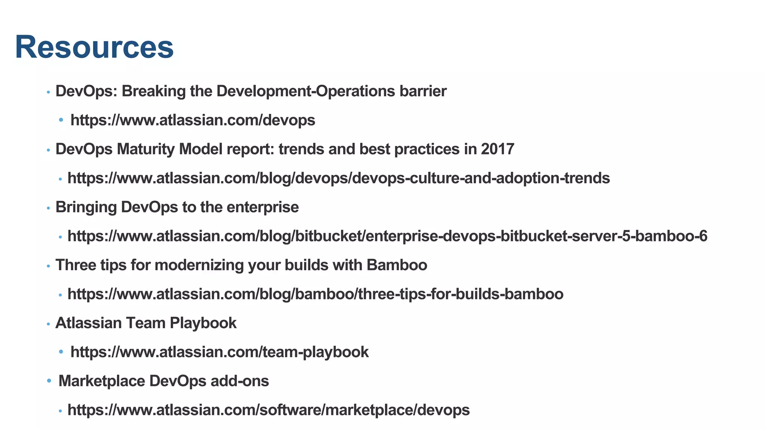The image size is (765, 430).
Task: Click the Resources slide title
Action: (94, 47)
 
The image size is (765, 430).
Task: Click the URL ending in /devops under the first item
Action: (193, 120)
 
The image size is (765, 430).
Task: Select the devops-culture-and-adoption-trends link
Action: (338, 178)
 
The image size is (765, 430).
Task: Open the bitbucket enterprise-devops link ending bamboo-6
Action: (387, 236)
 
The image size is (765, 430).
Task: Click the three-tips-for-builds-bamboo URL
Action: (315, 294)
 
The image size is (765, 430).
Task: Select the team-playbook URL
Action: (220, 352)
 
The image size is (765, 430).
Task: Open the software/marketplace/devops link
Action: (269, 410)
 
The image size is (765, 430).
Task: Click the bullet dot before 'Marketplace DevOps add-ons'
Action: (49, 381)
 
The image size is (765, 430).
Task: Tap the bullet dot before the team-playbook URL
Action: (61, 352)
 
